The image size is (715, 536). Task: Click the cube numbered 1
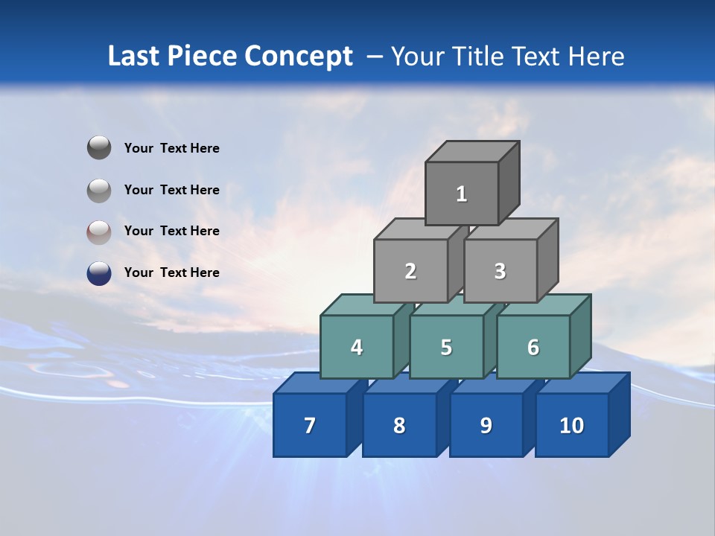pos(461,194)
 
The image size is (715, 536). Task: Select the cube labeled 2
pos(410,271)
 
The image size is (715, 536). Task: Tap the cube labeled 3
pos(500,271)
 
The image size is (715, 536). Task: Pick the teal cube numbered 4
pos(357,347)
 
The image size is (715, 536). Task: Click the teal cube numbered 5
pos(445,347)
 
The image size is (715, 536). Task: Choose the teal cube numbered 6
pos(533,347)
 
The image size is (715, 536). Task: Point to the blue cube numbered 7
pos(310,425)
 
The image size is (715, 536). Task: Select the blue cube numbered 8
pos(399,425)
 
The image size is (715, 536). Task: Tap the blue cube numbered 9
pos(486,425)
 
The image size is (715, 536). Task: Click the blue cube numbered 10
pos(571,425)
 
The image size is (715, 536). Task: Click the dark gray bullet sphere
pos(99,148)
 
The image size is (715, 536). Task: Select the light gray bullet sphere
pos(99,190)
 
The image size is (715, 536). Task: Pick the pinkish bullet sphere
pos(99,232)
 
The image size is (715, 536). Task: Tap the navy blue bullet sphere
pos(99,273)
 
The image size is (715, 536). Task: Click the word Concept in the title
pos(299,57)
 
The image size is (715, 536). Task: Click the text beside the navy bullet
pos(171,272)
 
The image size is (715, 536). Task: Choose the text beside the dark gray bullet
pos(171,148)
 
